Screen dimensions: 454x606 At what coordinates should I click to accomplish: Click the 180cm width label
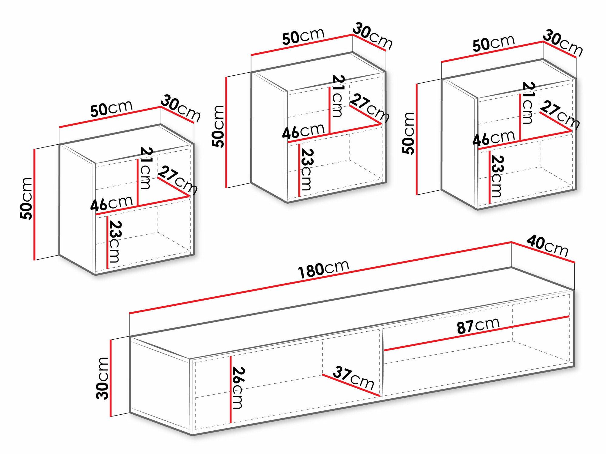(x=324, y=269)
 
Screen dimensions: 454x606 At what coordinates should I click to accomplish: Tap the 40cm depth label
(x=547, y=246)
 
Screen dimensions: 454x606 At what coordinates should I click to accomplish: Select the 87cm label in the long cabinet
(x=478, y=326)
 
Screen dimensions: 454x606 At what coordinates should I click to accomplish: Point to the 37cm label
(x=353, y=377)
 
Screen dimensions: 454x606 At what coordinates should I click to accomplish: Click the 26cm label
(x=238, y=387)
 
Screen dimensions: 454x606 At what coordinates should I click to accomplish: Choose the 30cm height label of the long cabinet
(x=102, y=378)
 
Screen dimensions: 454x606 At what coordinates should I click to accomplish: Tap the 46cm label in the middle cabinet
(x=303, y=131)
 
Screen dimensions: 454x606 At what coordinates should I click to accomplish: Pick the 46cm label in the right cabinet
(x=494, y=138)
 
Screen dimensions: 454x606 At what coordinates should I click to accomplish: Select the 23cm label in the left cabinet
(x=115, y=241)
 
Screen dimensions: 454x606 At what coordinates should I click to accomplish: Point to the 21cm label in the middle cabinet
(x=338, y=96)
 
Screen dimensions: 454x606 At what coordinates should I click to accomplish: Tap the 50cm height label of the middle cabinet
(x=218, y=127)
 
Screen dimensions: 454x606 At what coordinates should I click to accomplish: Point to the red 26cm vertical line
(x=231, y=390)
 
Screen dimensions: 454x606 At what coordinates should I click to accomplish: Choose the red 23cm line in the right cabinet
(x=489, y=177)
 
